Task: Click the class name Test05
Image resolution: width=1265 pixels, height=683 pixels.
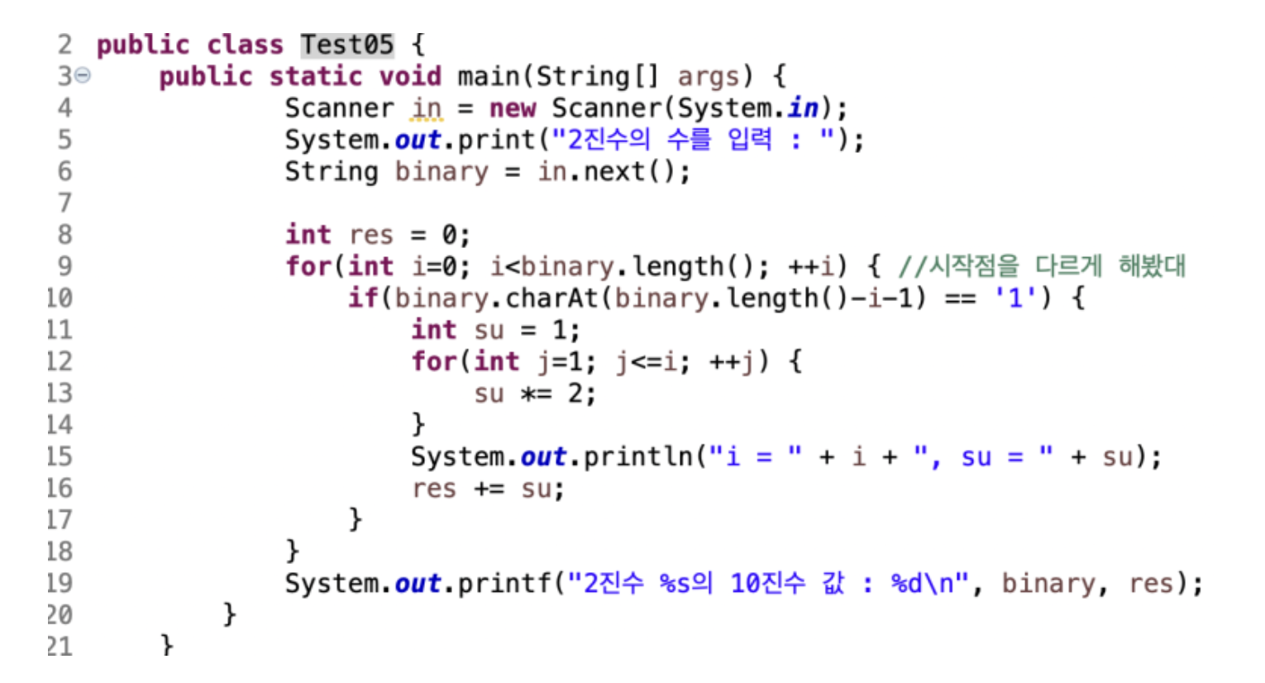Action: (346, 45)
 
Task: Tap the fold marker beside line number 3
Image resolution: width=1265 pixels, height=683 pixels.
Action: (83, 76)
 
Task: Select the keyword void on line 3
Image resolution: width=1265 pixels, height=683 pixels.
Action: (410, 76)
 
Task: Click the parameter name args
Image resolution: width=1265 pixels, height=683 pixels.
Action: (708, 76)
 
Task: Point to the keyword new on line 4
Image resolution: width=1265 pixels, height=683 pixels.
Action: (513, 108)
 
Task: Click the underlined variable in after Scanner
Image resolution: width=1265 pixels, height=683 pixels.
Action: (427, 108)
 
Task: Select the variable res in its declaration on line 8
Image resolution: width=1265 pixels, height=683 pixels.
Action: (371, 236)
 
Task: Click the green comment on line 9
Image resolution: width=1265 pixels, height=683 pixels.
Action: (1042, 266)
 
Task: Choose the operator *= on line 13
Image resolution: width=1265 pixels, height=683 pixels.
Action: (536, 394)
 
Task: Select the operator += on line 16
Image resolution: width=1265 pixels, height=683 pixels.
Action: (489, 489)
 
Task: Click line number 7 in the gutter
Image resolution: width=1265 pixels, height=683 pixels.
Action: (64, 203)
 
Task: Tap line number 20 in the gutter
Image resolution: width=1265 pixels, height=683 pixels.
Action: (60, 615)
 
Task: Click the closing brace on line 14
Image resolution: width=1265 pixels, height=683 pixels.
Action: (418, 425)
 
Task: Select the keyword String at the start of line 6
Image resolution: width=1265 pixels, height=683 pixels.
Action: (332, 172)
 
